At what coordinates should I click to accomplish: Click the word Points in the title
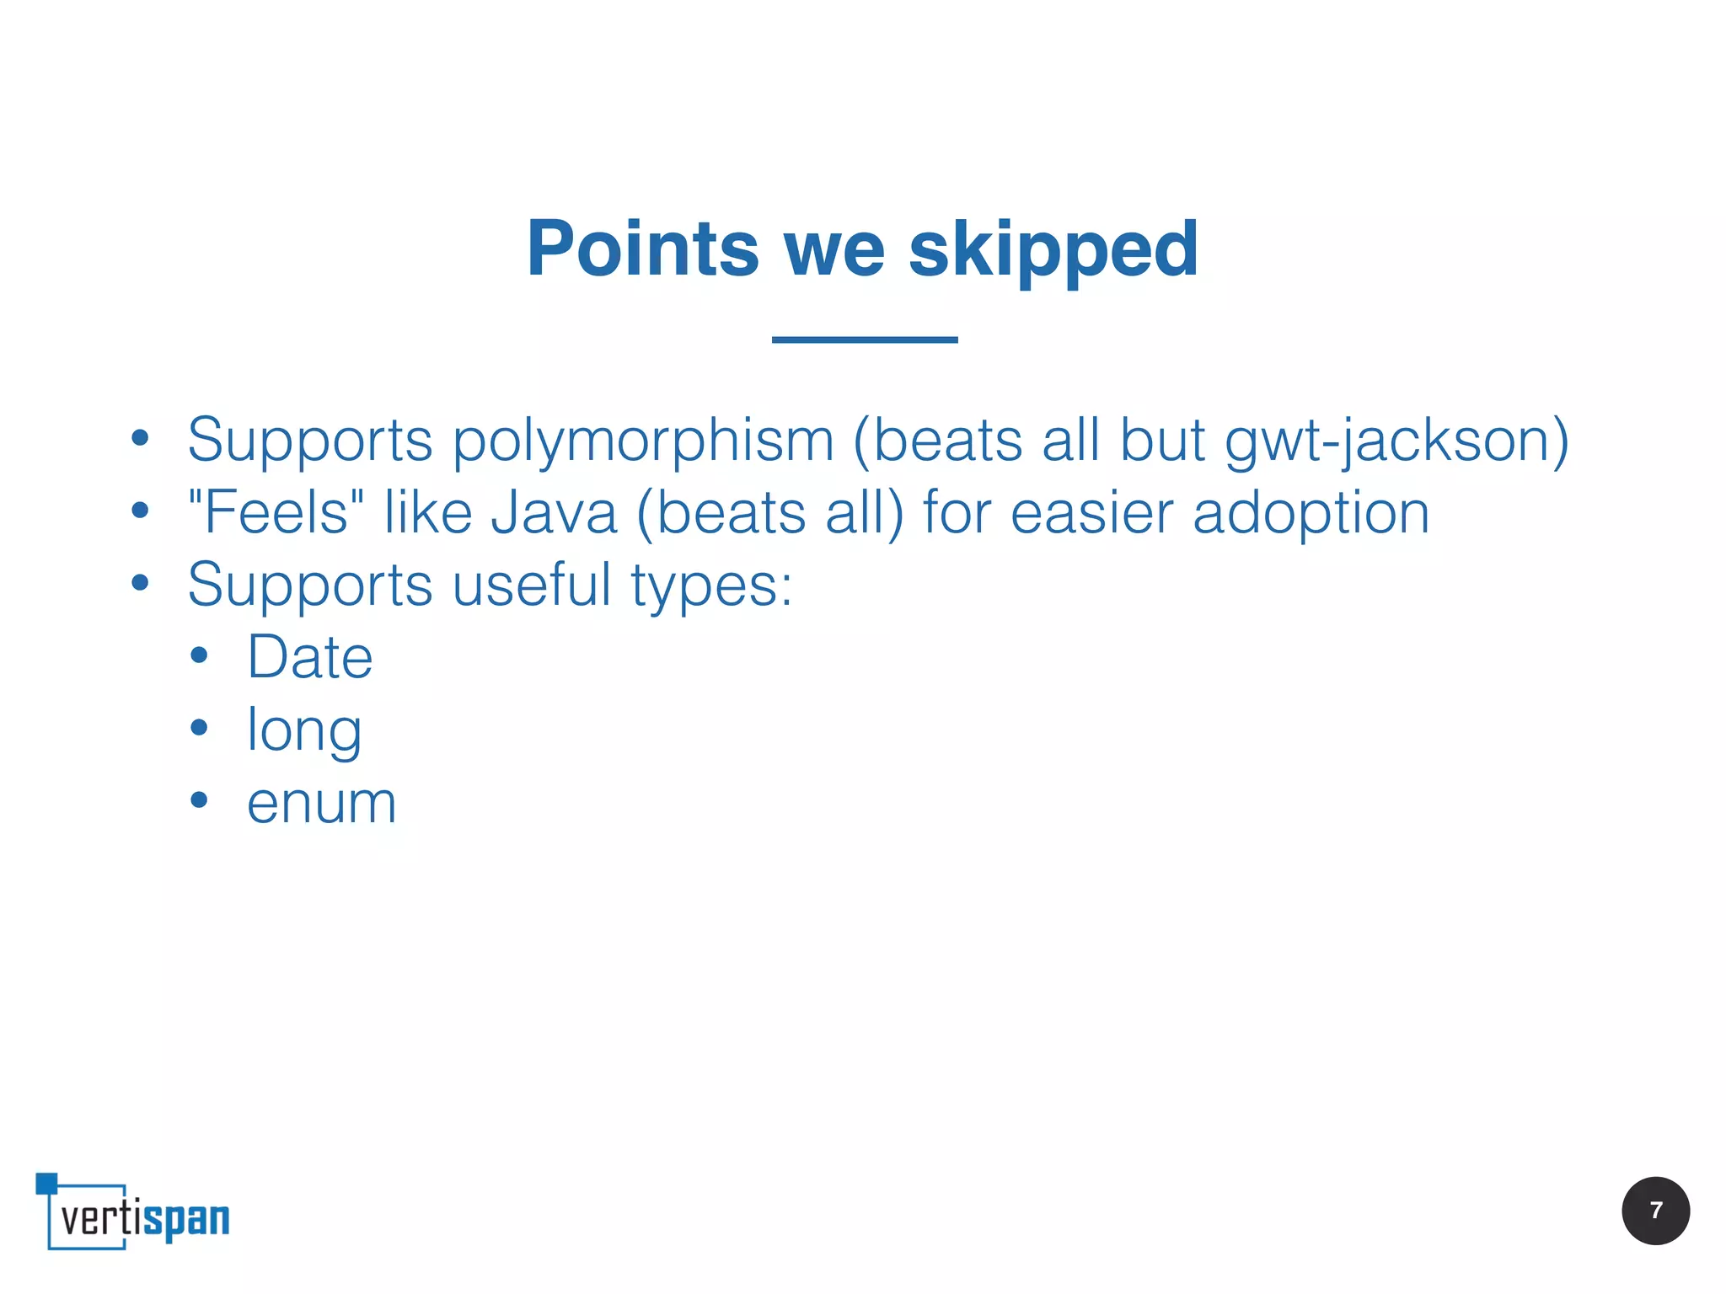tap(642, 249)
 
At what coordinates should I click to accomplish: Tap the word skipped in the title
tap(1053, 250)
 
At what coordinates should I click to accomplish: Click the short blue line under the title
tap(864, 340)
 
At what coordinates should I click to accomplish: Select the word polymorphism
tap(643, 441)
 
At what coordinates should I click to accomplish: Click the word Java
tap(554, 513)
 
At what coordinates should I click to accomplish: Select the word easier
tap(1091, 513)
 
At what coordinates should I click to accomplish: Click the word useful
tap(532, 585)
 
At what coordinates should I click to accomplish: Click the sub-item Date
tap(309, 657)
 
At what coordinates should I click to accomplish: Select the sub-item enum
tap(321, 804)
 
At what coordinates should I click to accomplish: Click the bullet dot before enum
tap(199, 799)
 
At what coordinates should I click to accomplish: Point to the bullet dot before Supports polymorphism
tap(140, 437)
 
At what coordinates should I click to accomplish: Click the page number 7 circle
tap(1654, 1211)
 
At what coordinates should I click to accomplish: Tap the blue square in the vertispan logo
tap(46, 1183)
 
